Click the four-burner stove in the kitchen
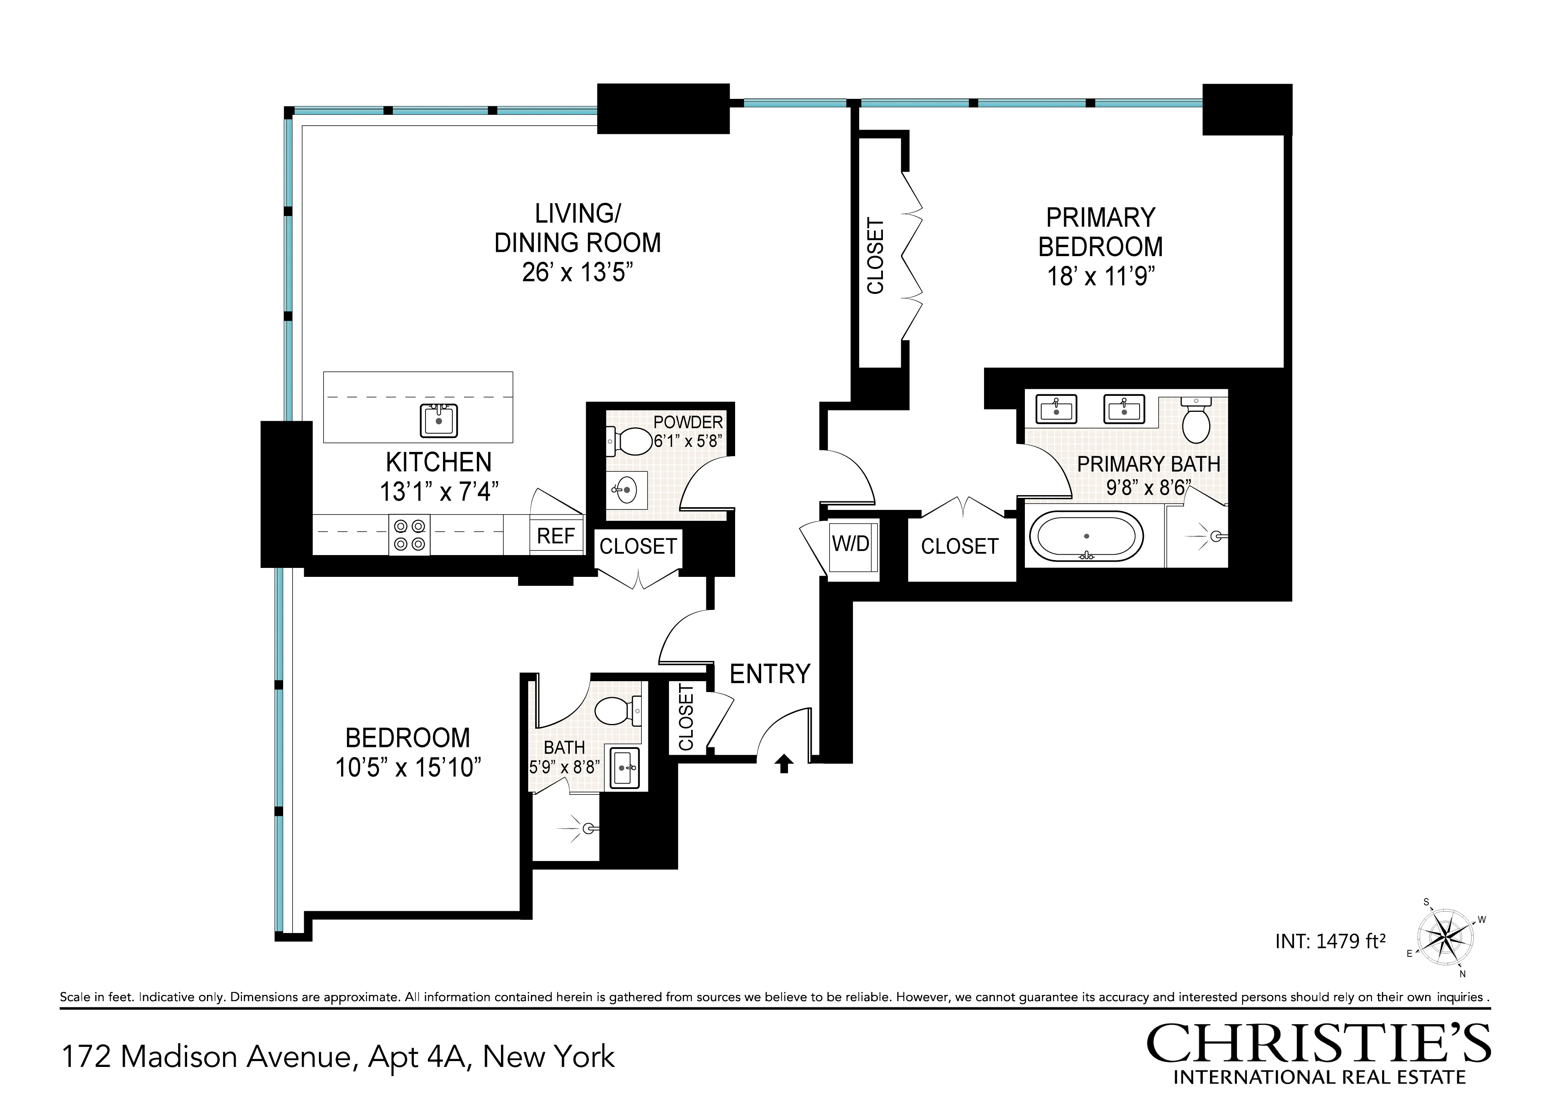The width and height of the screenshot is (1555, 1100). [x=410, y=535]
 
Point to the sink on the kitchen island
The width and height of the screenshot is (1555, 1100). [x=439, y=420]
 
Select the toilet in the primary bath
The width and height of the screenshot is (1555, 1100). [x=1195, y=421]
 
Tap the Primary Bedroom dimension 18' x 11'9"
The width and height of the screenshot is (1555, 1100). [x=1101, y=276]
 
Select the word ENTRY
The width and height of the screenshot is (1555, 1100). [x=770, y=674]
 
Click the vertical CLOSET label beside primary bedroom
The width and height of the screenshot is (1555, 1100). [x=876, y=256]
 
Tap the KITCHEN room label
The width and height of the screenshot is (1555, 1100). [x=438, y=462]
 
